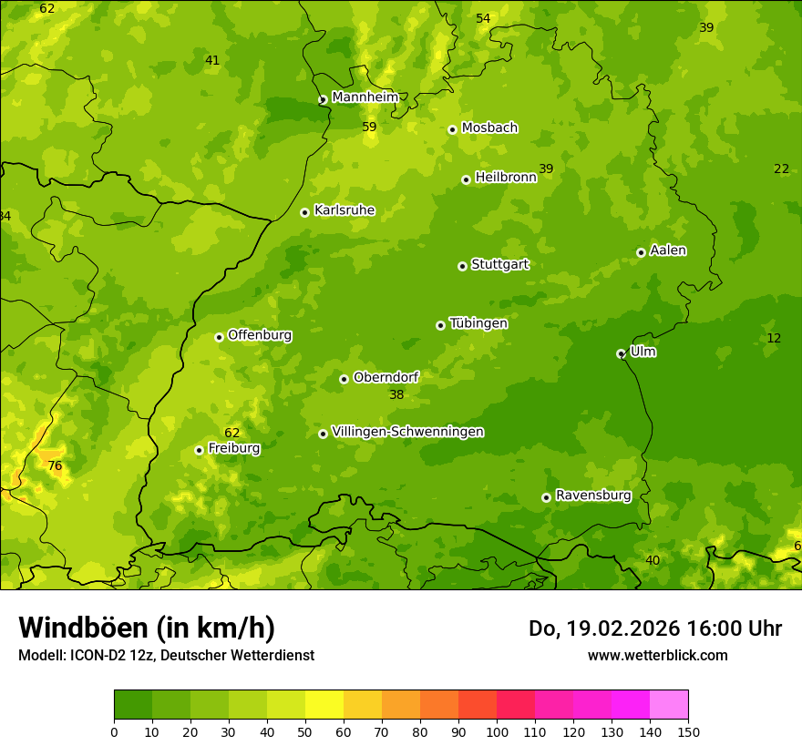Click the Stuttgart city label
(499, 265)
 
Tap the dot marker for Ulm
(621, 353)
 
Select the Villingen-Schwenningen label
(407, 432)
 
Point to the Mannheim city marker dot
(323, 100)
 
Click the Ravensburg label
(593, 495)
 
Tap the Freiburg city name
(234, 448)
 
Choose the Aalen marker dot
(641, 252)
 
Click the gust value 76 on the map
(55, 466)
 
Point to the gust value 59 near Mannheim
(369, 128)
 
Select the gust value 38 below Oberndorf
(396, 395)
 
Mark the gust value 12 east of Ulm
(774, 339)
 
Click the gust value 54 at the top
(483, 19)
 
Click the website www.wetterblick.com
(657, 656)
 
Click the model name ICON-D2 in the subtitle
(95, 656)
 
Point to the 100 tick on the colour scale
(497, 731)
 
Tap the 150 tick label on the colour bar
(688, 731)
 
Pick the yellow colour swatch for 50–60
(324, 705)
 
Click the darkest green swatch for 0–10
(133, 705)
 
